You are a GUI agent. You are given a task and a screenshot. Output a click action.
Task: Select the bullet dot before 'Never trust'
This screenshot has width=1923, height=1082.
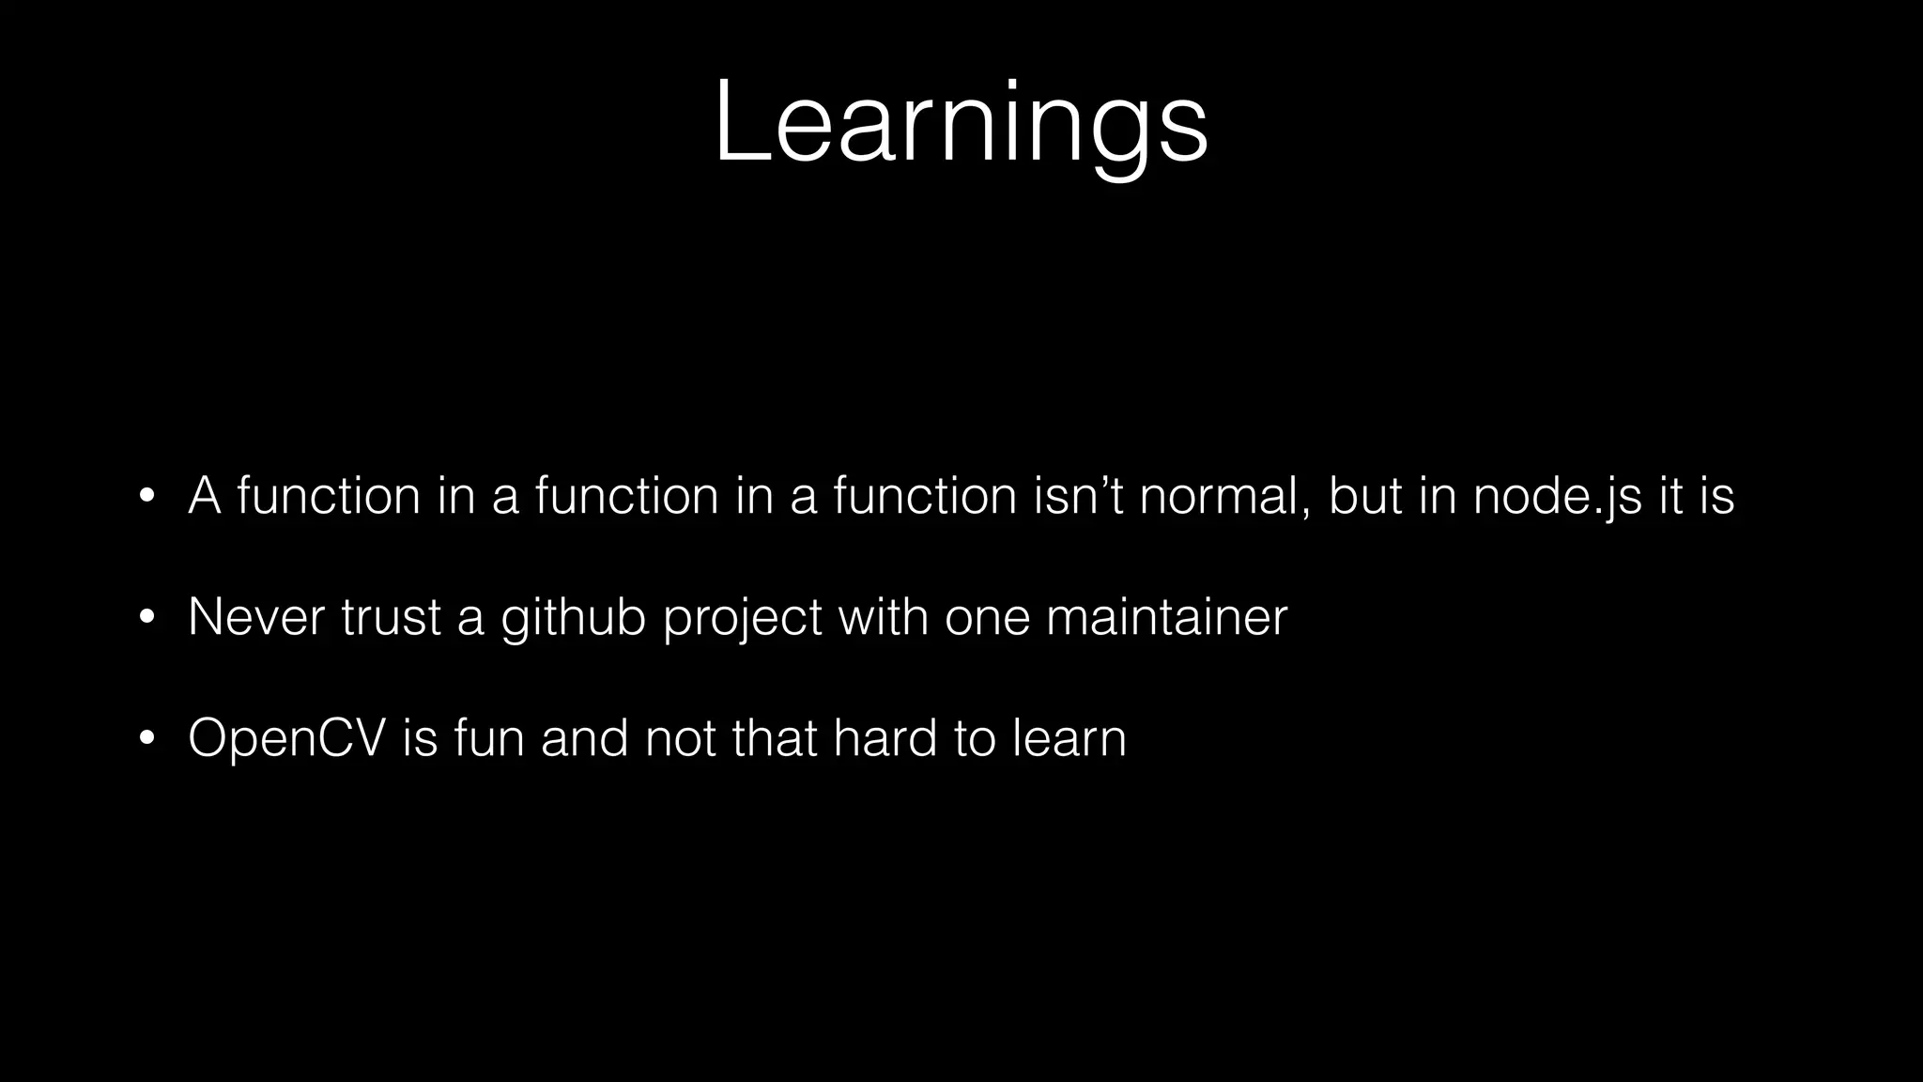(x=146, y=617)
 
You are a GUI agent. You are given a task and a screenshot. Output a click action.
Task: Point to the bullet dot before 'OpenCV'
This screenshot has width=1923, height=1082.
(x=146, y=738)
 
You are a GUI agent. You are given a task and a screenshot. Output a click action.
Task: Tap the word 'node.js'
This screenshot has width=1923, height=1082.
(x=1557, y=497)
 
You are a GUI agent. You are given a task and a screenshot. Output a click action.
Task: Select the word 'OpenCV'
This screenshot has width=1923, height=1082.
(x=287, y=738)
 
